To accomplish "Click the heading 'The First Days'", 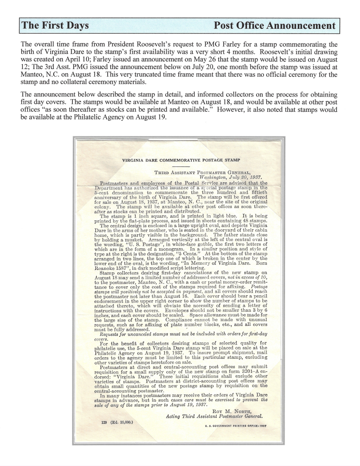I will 55,25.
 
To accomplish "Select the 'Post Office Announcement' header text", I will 274,25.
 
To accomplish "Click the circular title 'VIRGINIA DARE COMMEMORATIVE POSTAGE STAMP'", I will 181,160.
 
